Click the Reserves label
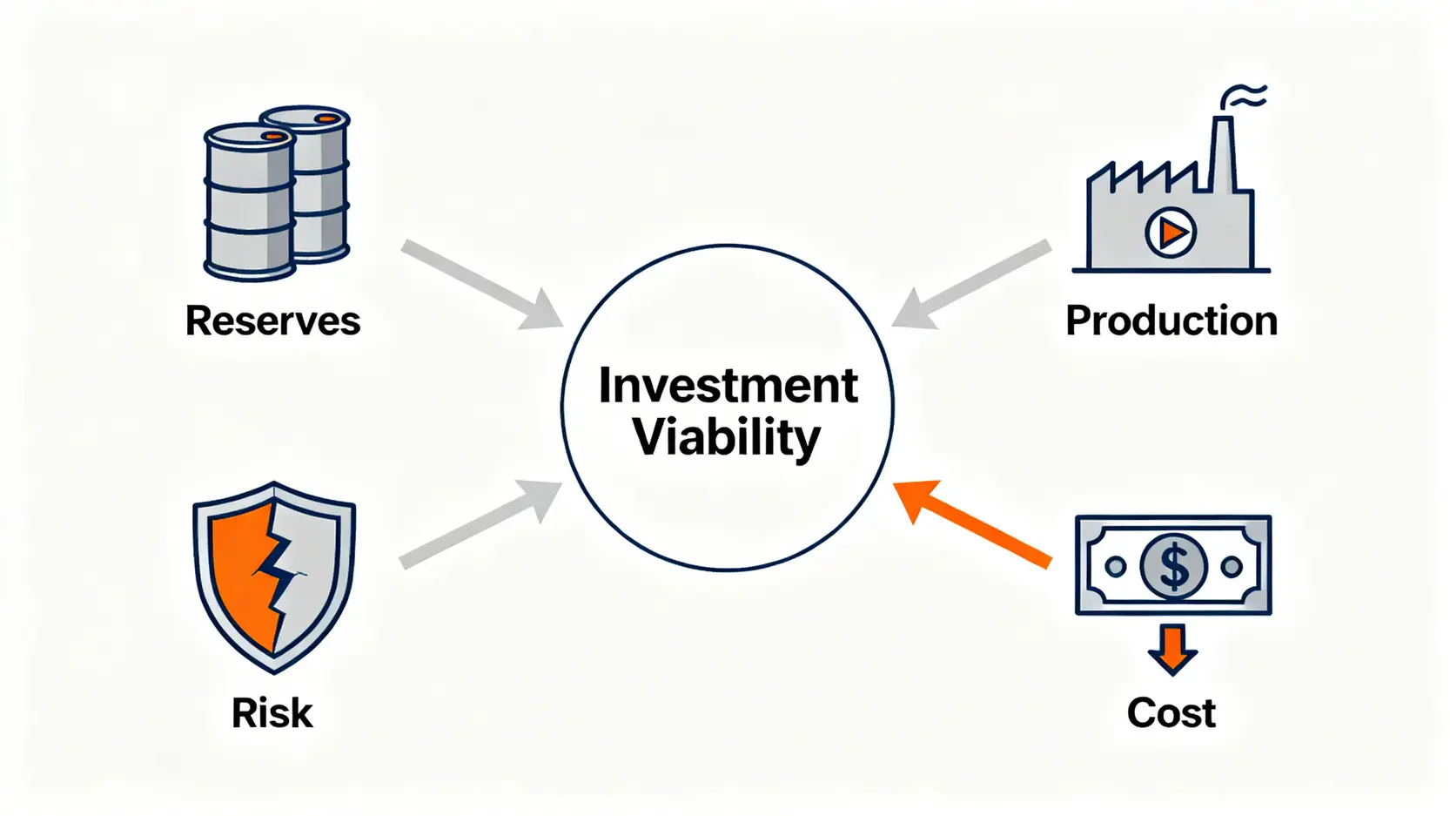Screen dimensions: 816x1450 272,320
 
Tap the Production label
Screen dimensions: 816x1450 1171,320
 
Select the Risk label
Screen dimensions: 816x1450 272,712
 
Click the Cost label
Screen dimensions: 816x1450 1171,712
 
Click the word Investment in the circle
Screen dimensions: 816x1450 728,386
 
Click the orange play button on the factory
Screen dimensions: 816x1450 1171,233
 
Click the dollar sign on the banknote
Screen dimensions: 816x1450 1173,567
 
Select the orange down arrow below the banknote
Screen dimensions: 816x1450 1172,649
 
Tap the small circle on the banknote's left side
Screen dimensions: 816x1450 1115,567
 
